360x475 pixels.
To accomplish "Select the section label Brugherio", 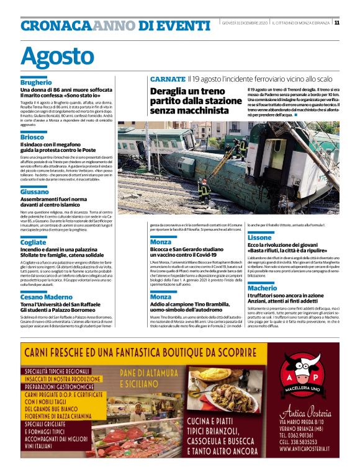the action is [x=36, y=82].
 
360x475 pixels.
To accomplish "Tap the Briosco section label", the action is [x=32, y=137].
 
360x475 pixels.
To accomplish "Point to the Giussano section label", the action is [x=35, y=192].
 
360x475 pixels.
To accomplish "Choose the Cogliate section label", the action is [x=34, y=243].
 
